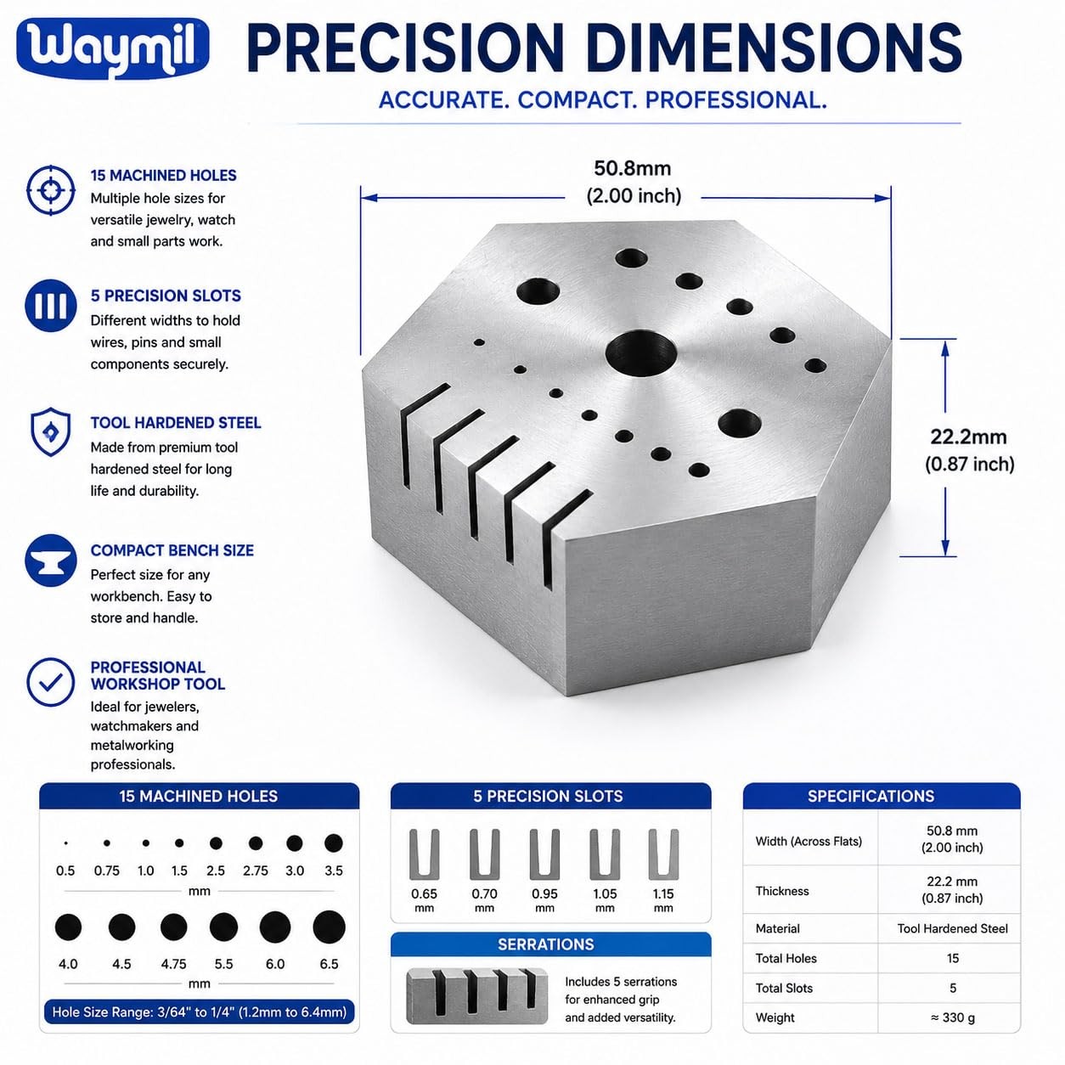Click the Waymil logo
click(113, 48)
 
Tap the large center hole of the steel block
click(641, 353)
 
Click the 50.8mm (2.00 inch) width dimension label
click(634, 182)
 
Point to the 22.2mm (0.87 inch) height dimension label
click(970, 450)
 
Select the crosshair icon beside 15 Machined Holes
click(51, 190)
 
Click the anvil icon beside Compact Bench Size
click(50, 560)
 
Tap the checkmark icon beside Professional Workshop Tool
click(50, 682)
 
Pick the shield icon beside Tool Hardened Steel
click(50, 432)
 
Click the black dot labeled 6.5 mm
click(329, 927)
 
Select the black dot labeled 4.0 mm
click(68, 927)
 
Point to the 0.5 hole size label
click(65, 871)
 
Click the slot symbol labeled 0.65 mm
click(424, 854)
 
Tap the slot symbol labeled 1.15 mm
click(663, 854)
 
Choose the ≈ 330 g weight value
click(952, 1017)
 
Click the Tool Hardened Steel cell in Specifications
click(952, 928)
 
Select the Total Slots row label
click(784, 988)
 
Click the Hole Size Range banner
click(199, 1012)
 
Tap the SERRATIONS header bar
click(550, 944)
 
